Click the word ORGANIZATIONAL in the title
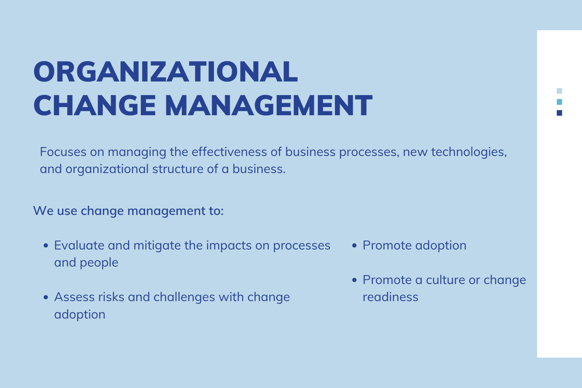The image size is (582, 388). click(x=166, y=72)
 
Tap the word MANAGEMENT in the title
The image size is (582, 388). click(x=268, y=106)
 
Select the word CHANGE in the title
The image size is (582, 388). click(x=95, y=106)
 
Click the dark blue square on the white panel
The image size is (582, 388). click(x=559, y=113)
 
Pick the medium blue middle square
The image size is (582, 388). click(x=559, y=102)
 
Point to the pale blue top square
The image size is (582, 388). click(x=559, y=91)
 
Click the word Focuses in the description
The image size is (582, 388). click(x=63, y=152)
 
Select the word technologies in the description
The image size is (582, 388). click(x=469, y=152)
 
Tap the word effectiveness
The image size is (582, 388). click(x=229, y=152)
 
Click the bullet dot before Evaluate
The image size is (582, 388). click(x=46, y=246)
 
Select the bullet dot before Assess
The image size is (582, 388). click(x=46, y=297)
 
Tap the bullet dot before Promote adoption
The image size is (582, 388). click(x=354, y=246)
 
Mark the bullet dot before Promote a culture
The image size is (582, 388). click(x=354, y=280)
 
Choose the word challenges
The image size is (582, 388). click(x=184, y=298)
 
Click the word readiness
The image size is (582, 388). click(x=390, y=297)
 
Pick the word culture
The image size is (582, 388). click(x=445, y=280)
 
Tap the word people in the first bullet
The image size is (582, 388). click(x=99, y=263)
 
